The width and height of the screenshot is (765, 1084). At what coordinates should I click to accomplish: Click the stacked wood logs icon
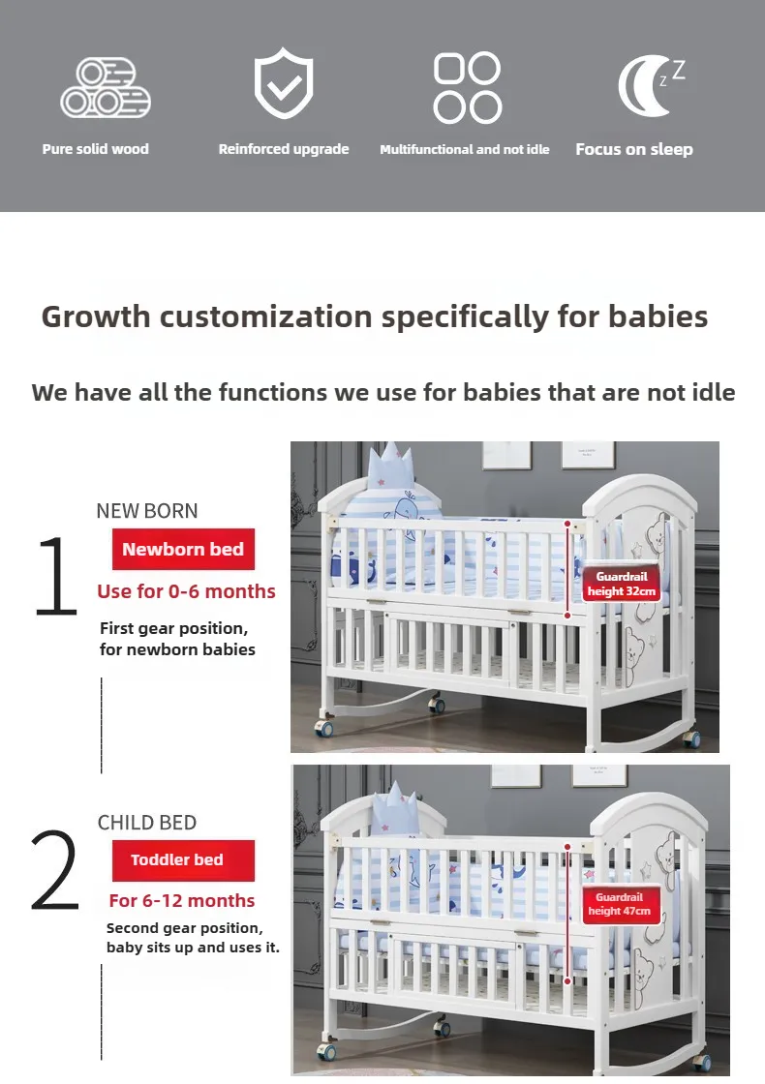(106, 88)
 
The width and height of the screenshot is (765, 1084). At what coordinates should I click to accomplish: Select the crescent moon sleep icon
(648, 87)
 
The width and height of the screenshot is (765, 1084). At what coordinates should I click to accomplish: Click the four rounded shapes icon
(467, 88)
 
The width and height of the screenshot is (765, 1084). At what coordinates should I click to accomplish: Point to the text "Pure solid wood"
(96, 149)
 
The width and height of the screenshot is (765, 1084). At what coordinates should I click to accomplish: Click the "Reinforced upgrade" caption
(284, 149)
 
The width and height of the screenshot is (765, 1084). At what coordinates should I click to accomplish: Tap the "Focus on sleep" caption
(634, 149)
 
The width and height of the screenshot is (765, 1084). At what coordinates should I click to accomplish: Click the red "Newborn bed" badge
(183, 550)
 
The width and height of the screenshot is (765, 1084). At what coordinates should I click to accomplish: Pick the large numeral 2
(54, 871)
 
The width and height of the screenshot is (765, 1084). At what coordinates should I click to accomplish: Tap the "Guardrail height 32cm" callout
(621, 584)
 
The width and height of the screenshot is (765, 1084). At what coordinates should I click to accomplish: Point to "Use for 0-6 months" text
(186, 591)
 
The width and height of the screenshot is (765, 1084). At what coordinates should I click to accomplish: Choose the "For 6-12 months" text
(182, 901)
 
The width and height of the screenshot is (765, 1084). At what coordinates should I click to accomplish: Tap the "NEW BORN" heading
(147, 511)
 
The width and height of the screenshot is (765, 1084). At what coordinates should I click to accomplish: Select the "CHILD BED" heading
(147, 823)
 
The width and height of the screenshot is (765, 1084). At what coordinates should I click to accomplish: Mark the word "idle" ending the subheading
(714, 392)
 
